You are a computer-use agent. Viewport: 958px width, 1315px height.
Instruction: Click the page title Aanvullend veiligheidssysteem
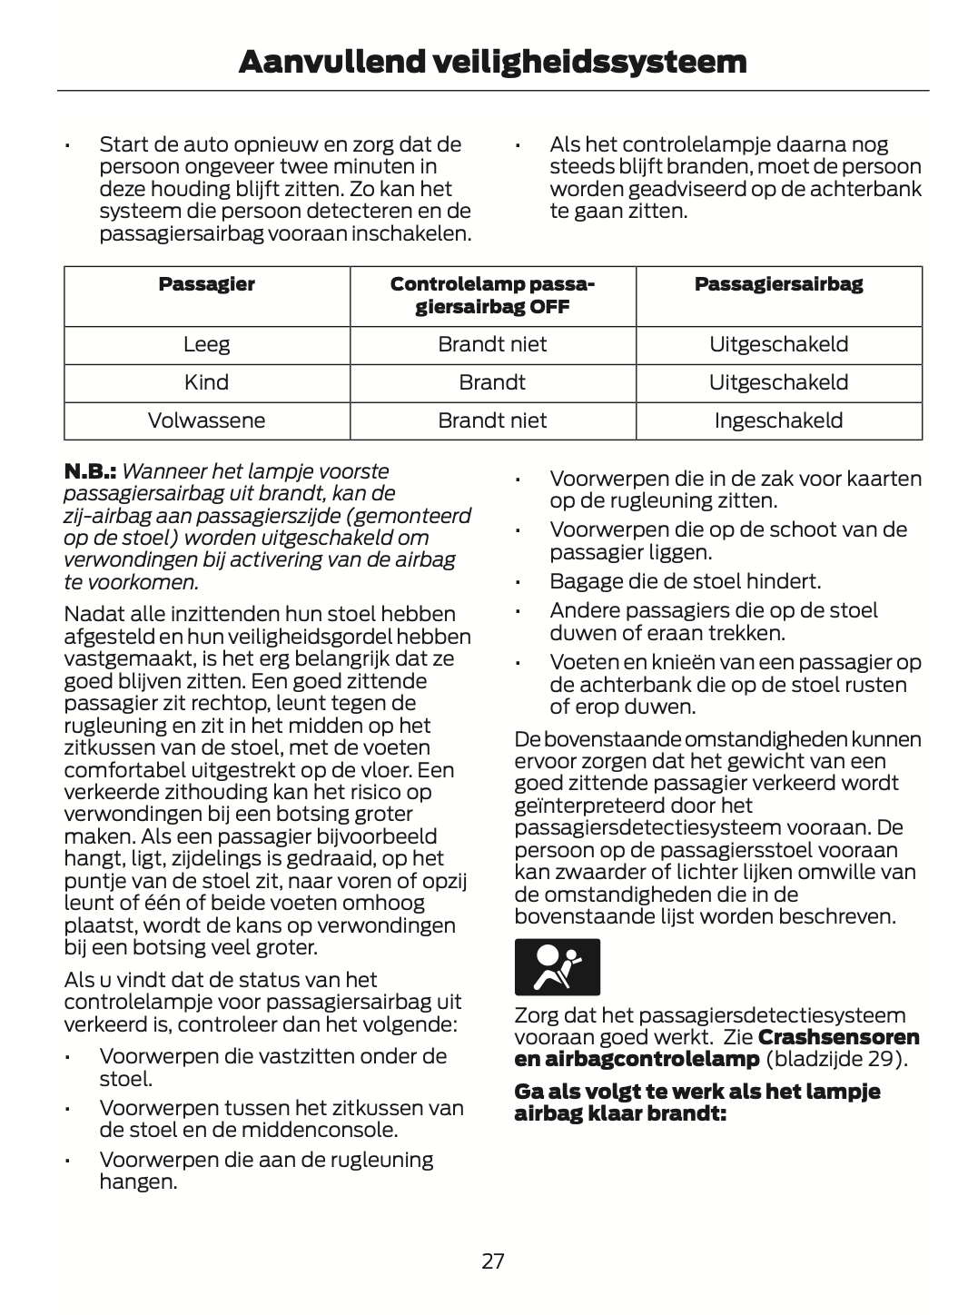(492, 62)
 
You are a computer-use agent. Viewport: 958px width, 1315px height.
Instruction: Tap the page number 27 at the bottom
(493, 1261)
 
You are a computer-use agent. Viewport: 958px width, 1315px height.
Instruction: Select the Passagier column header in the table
(206, 284)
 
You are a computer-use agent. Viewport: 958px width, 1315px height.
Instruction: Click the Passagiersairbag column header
(778, 284)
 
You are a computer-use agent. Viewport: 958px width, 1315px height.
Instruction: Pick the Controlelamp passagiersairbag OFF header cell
(492, 295)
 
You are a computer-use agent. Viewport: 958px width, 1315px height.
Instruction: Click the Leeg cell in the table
(206, 344)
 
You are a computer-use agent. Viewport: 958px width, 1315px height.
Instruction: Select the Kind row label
(206, 382)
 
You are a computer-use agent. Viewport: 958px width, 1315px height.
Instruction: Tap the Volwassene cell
(206, 420)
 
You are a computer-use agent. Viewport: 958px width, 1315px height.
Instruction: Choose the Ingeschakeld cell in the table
(778, 420)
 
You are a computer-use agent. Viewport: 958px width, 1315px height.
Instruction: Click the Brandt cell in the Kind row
(492, 382)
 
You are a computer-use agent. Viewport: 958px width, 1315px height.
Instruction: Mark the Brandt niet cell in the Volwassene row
(492, 420)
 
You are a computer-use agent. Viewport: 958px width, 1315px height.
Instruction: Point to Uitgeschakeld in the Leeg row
(778, 344)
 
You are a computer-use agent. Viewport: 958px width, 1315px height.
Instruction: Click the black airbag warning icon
(557, 967)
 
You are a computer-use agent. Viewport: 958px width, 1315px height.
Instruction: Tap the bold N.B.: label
(90, 471)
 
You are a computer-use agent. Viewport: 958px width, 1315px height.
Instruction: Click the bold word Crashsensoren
(838, 1037)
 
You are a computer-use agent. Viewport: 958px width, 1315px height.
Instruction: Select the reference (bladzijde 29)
(836, 1059)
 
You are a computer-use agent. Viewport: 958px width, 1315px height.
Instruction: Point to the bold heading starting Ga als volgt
(696, 1102)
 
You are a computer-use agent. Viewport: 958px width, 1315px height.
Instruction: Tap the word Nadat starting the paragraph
(92, 615)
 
